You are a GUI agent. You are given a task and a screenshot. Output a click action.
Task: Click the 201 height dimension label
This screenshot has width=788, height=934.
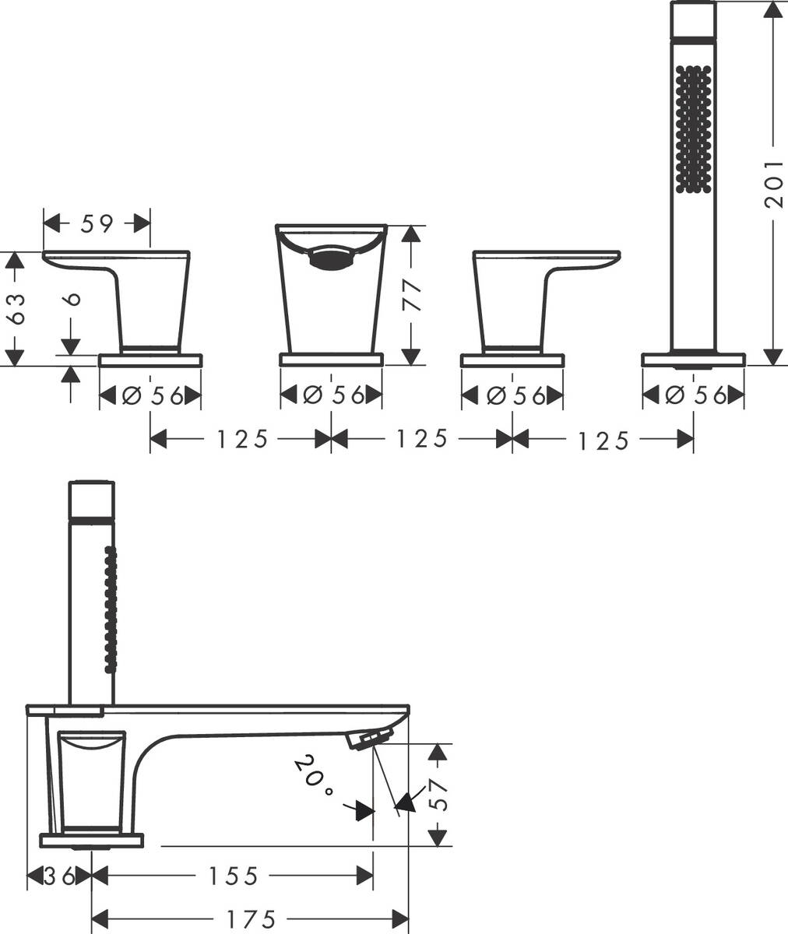click(x=774, y=184)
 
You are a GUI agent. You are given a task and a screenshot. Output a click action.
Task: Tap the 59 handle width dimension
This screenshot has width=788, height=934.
click(x=97, y=223)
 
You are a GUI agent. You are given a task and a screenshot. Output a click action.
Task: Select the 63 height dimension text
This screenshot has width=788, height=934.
click(x=17, y=309)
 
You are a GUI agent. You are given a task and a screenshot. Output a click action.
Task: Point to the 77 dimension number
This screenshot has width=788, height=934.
click(x=413, y=295)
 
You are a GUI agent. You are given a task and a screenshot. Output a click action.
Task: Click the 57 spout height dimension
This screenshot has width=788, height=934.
click(x=438, y=795)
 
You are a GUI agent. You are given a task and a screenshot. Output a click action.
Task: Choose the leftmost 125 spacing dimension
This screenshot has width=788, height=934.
click(x=242, y=438)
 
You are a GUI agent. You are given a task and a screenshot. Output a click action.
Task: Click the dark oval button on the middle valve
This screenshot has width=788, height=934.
click(x=331, y=258)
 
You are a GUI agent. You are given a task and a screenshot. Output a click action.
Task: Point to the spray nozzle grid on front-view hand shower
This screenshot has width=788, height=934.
click(x=693, y=130)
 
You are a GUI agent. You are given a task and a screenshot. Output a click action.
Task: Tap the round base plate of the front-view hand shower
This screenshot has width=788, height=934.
click(x=693, y=360)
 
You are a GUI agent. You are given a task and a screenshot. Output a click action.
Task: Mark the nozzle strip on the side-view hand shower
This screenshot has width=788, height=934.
click(x=111, y=616)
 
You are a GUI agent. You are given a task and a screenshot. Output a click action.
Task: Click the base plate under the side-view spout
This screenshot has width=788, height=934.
click(x=91, y=841)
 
